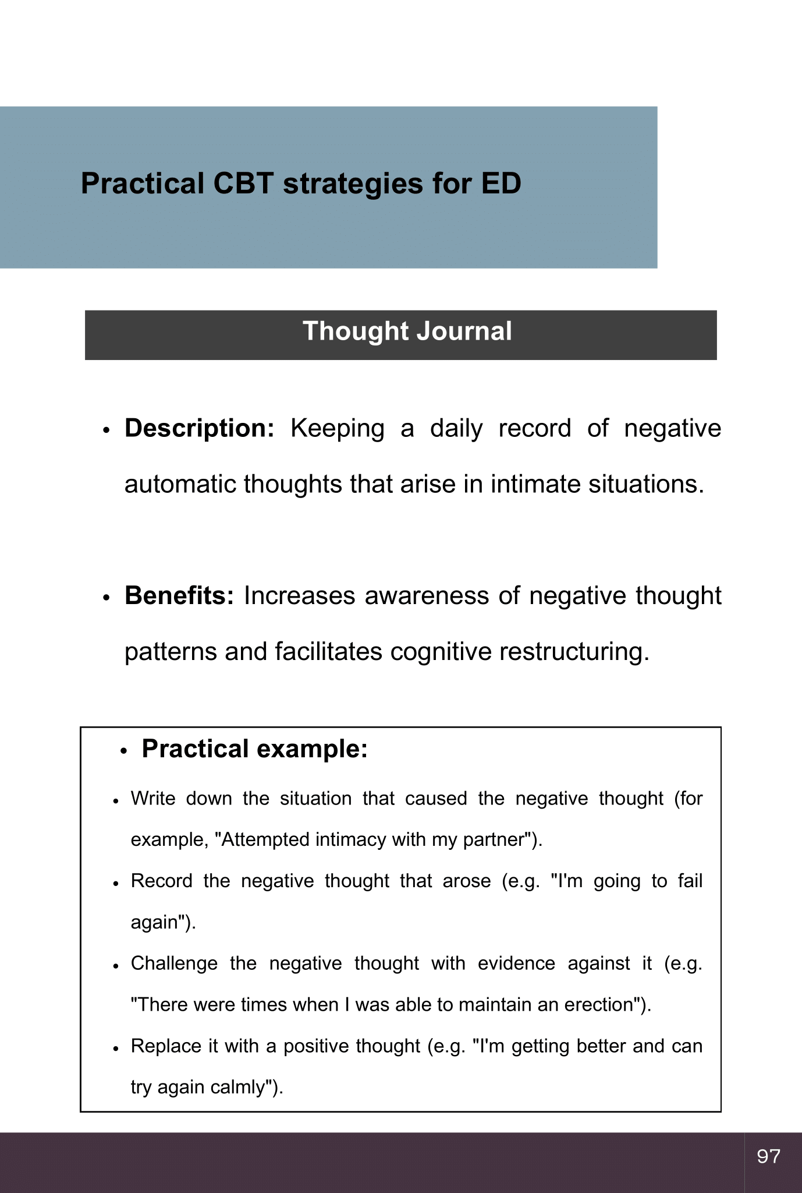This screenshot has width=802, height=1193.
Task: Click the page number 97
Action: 768,1156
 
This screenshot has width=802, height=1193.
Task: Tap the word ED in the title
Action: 501,183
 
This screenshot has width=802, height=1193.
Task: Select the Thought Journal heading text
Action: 407,331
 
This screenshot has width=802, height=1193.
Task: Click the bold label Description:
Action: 200,428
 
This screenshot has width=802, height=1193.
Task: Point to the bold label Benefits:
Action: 179,596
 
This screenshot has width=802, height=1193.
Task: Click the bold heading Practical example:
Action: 255,749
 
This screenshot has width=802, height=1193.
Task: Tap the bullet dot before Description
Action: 106,430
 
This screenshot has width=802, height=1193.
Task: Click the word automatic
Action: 180,484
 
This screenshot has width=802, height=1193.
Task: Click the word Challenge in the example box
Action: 174,963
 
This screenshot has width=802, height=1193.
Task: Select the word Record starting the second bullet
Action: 161,881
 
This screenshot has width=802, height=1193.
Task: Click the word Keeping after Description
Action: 338,428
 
